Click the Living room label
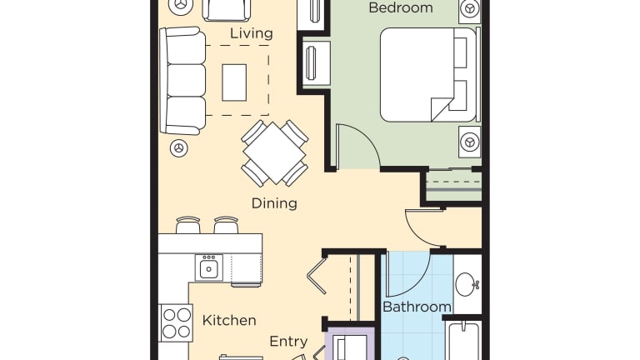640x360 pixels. coord(251,33)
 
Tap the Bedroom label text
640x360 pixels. coord(400,7)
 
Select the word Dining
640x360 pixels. coord(274,202)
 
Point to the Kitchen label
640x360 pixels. coord(229,320)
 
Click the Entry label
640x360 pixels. coord(288,341)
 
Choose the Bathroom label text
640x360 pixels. coord(417,307)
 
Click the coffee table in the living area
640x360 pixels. coord(234,82)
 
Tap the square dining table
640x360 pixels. coord(274,153)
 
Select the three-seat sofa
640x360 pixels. coord(182,80)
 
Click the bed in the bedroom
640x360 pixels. coord(428,75)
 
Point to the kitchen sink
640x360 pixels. coord(208,267)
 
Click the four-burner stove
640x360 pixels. coord(176,322)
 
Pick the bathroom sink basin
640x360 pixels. coord(467,284)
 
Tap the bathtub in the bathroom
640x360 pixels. coord(465,341)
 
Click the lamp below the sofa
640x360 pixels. coord(178,147)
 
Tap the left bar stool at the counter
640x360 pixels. coord(188,225)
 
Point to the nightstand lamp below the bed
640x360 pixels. coord(469,142)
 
